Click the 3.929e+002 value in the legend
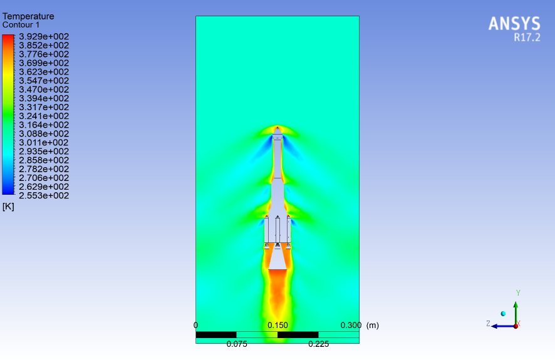point(44,36)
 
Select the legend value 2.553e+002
point(44,195)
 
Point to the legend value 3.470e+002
point(44,90)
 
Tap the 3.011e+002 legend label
point(44,143)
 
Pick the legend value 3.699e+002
point(44,63)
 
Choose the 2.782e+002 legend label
point(44,169)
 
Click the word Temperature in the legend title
point(28,16)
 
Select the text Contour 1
point(21,25)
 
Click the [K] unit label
point(8,207)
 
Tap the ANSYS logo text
point(514,24)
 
